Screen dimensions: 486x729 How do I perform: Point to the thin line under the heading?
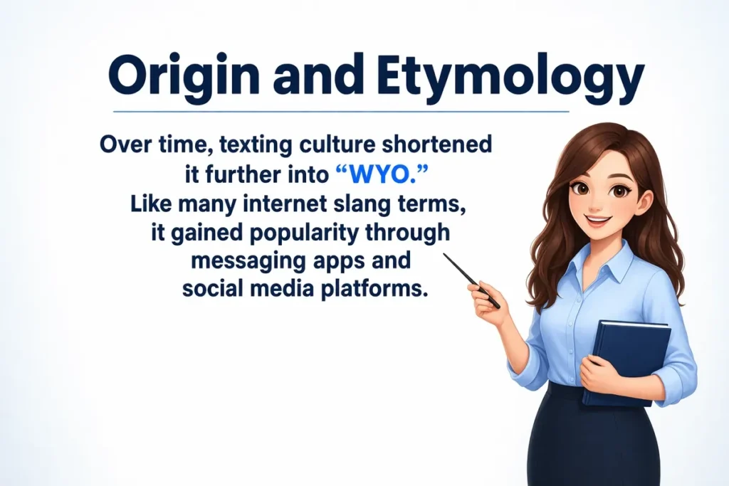pos(342,112)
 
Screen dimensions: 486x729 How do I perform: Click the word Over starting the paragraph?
pos(120,144)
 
